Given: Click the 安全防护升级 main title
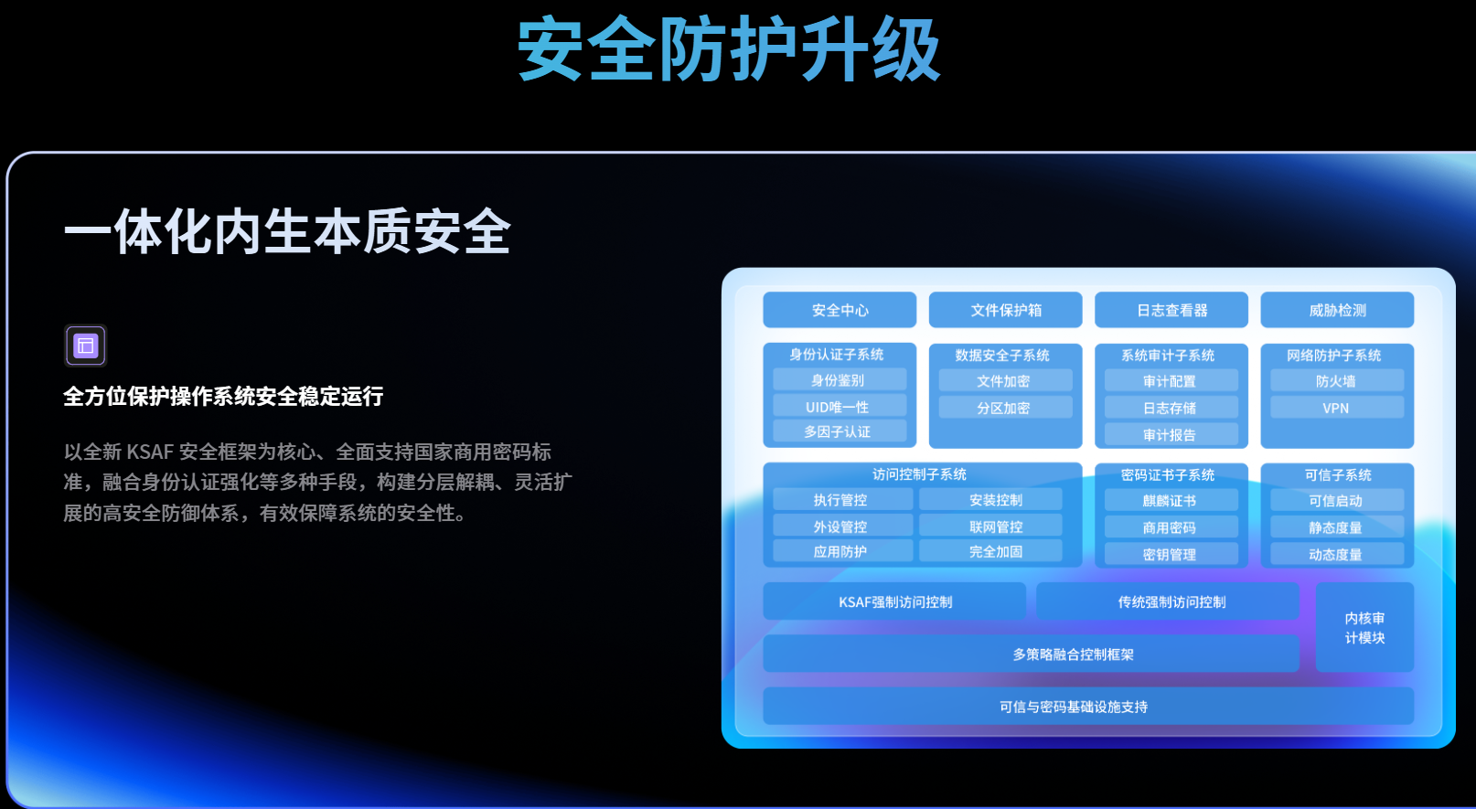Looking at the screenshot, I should [x=729, y=49].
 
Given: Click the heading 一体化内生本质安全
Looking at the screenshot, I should [x=287, y=231].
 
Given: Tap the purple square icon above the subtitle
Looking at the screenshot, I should [x=86, y=346].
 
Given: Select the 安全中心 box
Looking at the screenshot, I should [x=840, y=310].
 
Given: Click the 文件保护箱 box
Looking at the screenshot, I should [x=1005, y=310].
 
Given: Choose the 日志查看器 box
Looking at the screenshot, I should [x=1171, y=310].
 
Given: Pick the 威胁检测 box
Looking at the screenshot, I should [x=1336, y=310].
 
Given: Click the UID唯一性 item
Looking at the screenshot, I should [x=839, y=407].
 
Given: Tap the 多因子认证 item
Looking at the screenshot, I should [x=839, y=431].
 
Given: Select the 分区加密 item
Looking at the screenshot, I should [x=1004, y=408].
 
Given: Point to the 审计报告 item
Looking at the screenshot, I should [x=1171, y=435].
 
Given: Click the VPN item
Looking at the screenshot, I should [x=1336, y=408].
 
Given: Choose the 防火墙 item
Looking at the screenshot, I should [x=1336, y=381].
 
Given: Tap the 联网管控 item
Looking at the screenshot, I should [x=995, y=527].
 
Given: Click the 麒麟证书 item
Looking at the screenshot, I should [x=1171, y=501].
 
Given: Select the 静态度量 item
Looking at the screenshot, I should [x=1336, y=527].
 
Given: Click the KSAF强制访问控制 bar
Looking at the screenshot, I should [x=894, y=601].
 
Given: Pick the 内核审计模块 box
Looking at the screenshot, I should [x=1364, y=628].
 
